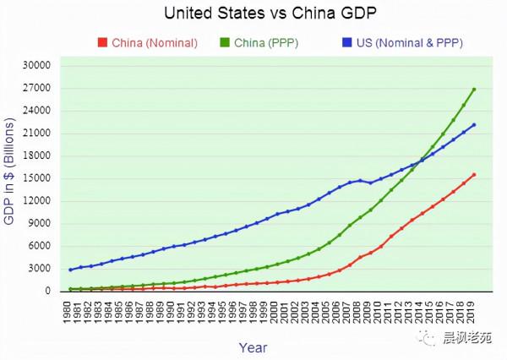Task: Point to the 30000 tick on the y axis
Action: tap(37, 65)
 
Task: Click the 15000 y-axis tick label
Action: tap(37, 178)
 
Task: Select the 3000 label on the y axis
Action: tap(41, 269)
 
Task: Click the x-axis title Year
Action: tap(253, 346)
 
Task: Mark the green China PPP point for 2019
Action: tap(474, 89)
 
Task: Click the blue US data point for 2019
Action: tap(474, 125)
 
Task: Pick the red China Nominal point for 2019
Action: tap(474, 175)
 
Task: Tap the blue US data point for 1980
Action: tap(71, 270)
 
